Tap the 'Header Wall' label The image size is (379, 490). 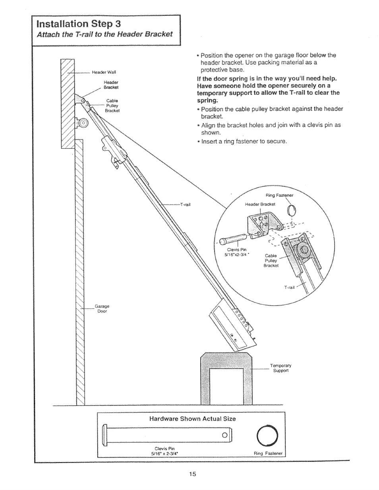click(104, 72)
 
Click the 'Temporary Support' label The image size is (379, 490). click(280, 368)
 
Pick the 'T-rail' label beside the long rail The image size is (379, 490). click(186, 204)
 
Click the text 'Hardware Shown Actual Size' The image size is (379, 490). click(192, 419)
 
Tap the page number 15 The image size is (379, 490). click(192, 474)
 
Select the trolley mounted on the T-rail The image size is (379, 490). click(111, 150)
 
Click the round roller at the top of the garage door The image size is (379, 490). click(83, 123)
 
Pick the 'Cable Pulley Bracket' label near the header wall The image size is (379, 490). click(112, 106)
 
